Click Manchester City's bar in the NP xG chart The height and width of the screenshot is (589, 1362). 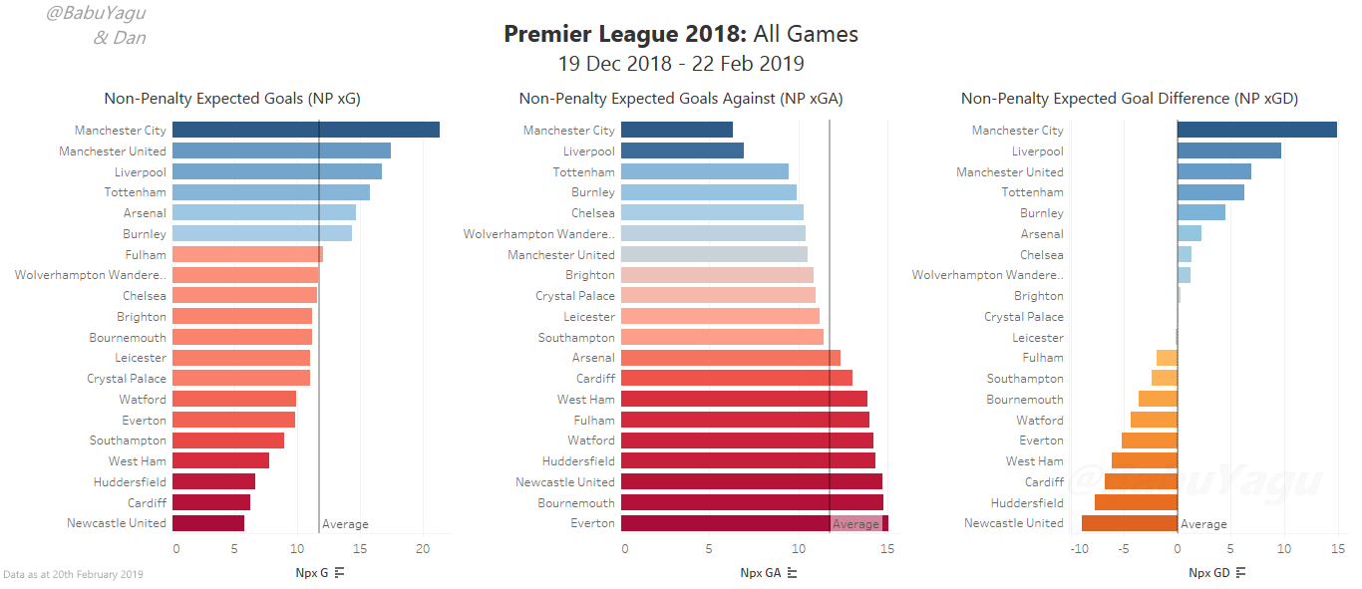pyautogui.click(x=306, y=130)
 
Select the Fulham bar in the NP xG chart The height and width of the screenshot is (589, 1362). pyautogui.click(x=247, y=254)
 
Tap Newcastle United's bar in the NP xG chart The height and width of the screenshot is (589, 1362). pyautogui.click(x=208, y=523)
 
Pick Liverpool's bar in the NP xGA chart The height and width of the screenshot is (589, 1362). pyautogui.click(x=682, y=150)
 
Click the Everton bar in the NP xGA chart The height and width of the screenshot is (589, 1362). pyautogui.click(x=755, y=523)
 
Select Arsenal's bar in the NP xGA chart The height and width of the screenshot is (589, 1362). pyautogui.click(x=731, y=358)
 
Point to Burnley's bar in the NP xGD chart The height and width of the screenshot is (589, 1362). pyautogui.click(x=1201, y=212)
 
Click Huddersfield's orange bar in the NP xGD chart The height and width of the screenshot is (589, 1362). pyautogui.click(x=1137, y=502)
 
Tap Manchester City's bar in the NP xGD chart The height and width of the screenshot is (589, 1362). pyautogui.click(x=1257, y=130)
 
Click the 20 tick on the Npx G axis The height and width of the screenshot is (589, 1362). pyautogui.click(x=423, y=549)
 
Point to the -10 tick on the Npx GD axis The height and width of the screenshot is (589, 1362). pyautogui.click(x=1079, y=549)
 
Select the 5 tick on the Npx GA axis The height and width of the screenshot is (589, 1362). pyautogui.click(x=709, y=549)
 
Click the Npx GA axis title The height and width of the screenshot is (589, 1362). pyautogui.click(x=761, y=573)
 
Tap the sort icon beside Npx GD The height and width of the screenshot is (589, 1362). pyautogui.click(x=1241, y=573)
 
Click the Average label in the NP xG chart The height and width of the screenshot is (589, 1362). pyautogui.click(x=345, y=524)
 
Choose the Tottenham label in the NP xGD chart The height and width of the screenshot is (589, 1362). pyautogui.click(x=1032, y=192)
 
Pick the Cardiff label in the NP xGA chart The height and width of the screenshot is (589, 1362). pyautogui.click(x=596, y=379)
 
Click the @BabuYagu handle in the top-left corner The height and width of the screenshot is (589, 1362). pyautogui.click(x=96, y=13)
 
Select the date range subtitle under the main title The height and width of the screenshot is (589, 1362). pyautogui.click(x=681, y=64)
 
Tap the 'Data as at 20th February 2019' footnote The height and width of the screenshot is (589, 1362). pyautogui.click(x=74, y=574)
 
